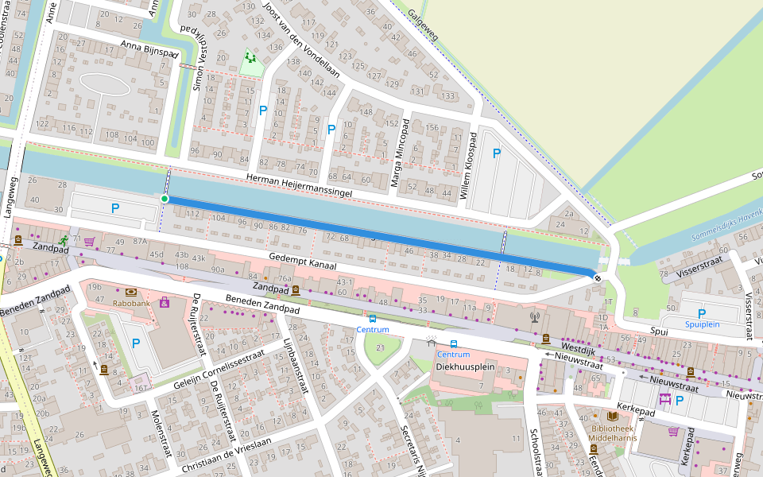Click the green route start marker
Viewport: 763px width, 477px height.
[x=165, y=198]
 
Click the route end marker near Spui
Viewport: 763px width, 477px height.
[x=598, y=277]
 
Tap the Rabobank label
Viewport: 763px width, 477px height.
[x=131, y=303]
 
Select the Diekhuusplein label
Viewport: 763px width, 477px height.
[x=466, y=367]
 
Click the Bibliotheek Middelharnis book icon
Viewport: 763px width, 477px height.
[x=612, y=416]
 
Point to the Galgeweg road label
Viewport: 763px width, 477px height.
[x=424, y=25]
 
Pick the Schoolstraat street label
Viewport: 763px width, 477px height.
[x=534, y=453]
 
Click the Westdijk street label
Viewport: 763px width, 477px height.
[x=577, y=347]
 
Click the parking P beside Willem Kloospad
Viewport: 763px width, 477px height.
[x=497, y=153]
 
